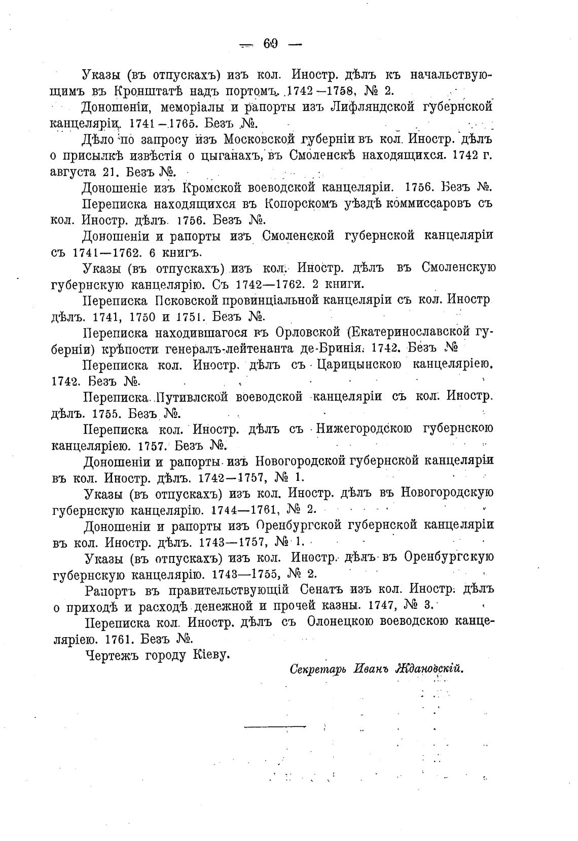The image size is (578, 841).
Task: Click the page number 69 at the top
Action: (270, 44)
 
